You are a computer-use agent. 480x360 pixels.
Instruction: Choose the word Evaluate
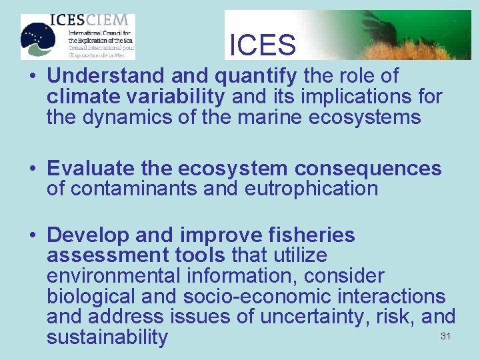(91, 168)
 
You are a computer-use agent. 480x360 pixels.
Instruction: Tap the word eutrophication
(311, 189)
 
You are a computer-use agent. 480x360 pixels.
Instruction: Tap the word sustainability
(107, 337)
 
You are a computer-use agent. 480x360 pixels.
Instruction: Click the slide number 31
(446, 336)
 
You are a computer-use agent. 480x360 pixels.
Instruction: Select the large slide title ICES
(262, 45)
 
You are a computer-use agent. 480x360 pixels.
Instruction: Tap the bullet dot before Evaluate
(32, 169)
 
